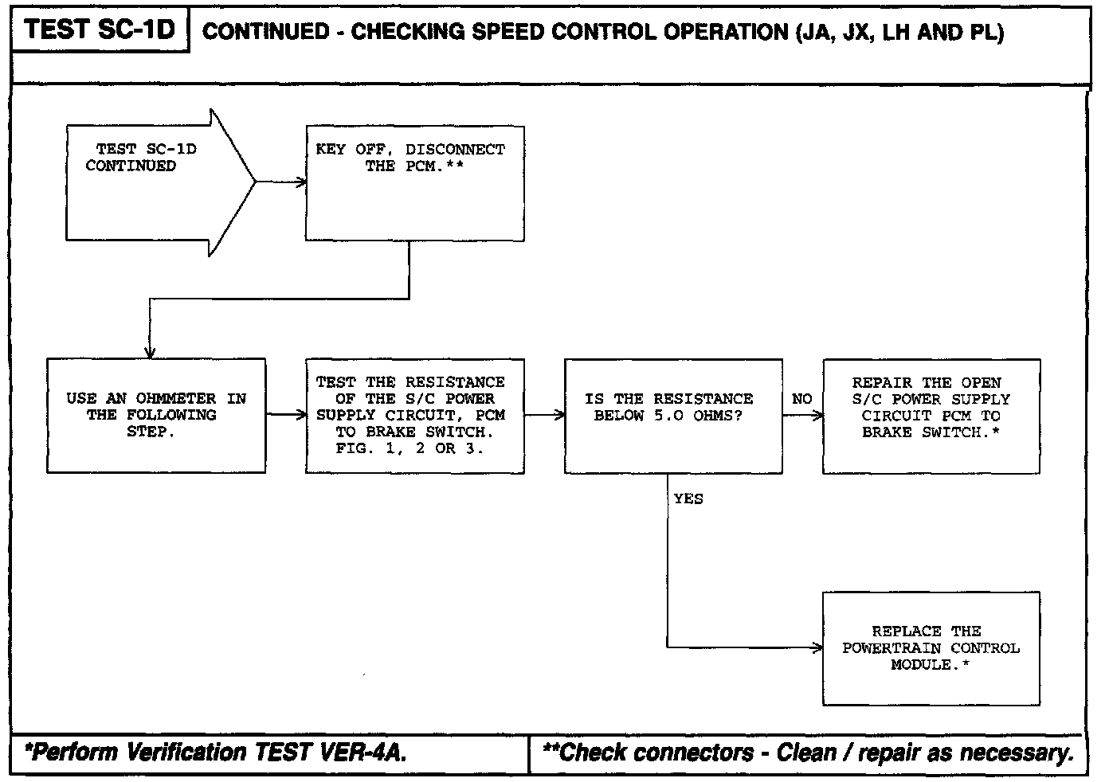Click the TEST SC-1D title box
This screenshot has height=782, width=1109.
(100, 30)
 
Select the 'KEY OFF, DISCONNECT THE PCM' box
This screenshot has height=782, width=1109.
(414, 182)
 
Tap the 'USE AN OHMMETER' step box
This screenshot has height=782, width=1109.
(156, 415)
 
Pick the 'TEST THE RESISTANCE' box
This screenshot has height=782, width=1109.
(414, 415)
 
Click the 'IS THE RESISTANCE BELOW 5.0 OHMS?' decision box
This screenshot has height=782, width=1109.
(673, 415)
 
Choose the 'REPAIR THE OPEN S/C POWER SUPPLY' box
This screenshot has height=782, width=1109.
(931, 415)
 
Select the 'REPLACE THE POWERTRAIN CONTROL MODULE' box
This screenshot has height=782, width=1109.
(931, 648)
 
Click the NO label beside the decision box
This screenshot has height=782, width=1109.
(802, 398)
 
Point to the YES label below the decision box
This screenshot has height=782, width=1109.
(688, 499)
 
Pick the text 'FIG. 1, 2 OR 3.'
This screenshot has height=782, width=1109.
(410, 448)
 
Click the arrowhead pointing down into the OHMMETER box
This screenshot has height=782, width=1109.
(150, 353)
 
